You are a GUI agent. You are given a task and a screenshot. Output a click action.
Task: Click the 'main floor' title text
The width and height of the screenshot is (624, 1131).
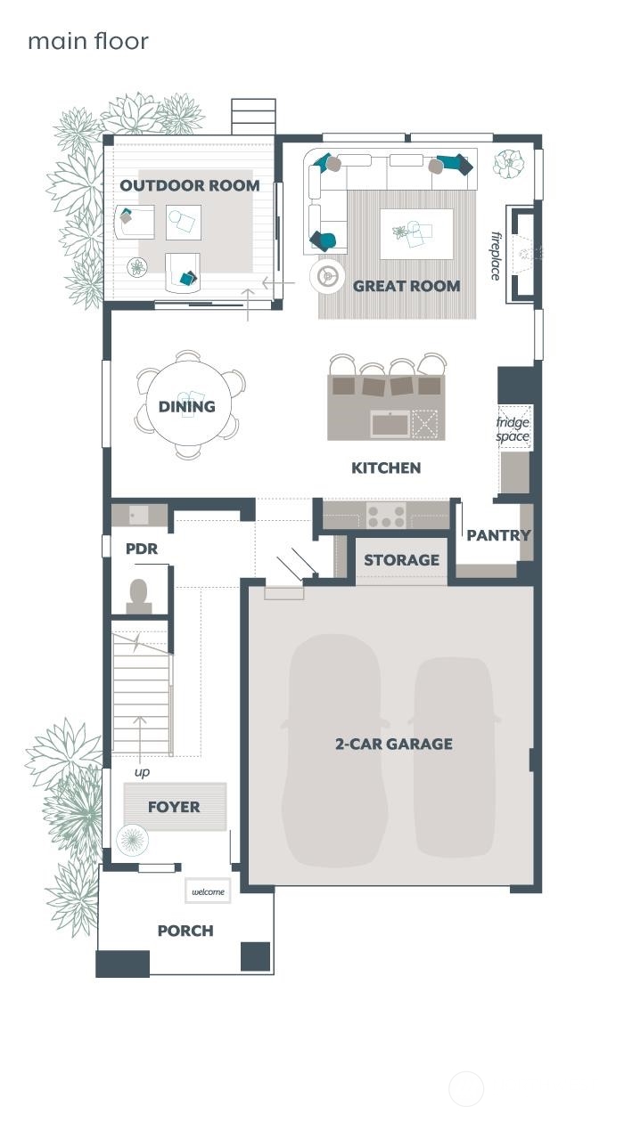coord(87,41)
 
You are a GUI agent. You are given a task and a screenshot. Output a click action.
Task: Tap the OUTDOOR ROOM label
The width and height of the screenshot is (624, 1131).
coord(190,185)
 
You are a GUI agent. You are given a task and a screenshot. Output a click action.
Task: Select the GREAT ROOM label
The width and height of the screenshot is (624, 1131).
coord(406,286)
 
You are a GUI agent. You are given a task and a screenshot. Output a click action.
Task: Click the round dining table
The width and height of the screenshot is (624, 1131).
coord(188,405)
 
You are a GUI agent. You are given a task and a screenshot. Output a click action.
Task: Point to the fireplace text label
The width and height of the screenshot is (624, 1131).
coord(497,256)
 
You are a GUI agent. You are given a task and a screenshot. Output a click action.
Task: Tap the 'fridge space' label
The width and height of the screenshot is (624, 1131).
coord(513,429)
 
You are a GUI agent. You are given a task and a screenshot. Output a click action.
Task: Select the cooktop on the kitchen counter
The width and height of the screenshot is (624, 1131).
coord(386,515)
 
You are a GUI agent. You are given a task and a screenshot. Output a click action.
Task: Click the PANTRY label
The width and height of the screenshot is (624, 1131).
coord(498,535)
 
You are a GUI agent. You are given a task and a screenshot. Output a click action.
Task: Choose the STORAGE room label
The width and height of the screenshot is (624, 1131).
coord(401,560)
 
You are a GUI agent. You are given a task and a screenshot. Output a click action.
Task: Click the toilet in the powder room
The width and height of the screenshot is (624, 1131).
coord(138,595)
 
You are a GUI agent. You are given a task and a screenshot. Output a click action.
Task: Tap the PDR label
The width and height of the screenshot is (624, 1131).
coord(142,549)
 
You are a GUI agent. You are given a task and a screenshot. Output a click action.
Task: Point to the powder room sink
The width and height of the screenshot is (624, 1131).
coord(137,515)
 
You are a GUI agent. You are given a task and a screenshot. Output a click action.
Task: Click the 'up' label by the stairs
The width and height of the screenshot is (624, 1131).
coord(142,772)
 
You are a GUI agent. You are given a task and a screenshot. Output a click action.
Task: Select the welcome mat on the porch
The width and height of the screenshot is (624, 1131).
coord(209,891)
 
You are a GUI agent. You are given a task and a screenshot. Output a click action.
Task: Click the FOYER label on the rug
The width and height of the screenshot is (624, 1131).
coord(174,807)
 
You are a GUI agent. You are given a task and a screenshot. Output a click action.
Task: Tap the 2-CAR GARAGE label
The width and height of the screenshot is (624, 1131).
coord(393,744)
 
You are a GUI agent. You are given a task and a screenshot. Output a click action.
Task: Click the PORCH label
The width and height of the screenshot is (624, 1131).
coord(185,931)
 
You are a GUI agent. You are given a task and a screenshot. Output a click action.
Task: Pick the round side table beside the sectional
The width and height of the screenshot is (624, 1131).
coord(327,276)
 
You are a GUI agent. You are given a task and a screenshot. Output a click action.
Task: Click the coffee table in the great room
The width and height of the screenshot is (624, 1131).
coord(415,233)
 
